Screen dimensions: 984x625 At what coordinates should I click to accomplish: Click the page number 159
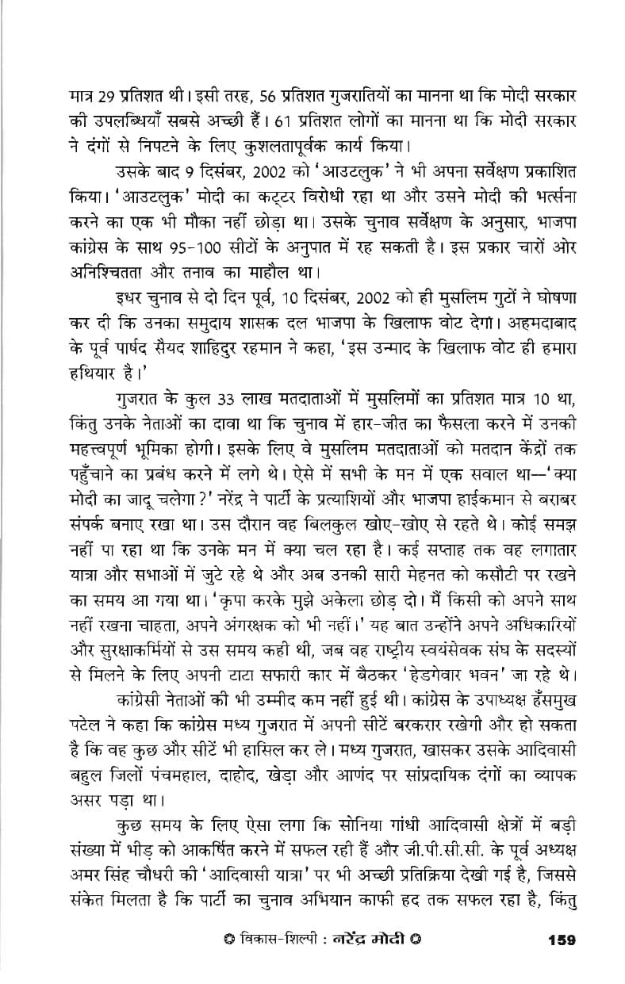[561, 940]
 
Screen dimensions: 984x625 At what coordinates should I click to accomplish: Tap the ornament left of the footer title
[229, 940]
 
